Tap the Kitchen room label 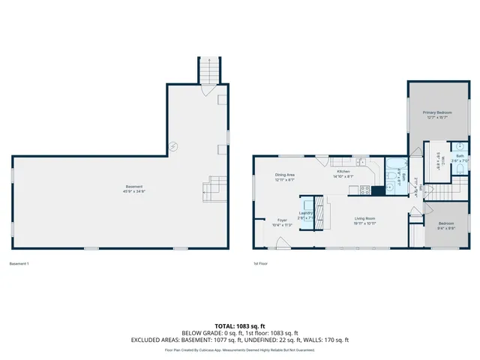tap(343, 172)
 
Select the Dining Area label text tap(284, 174)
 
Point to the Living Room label tap(365, 219)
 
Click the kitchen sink tap(360, 161)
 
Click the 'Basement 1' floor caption tap(18, 263)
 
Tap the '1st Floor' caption tap(260, 263)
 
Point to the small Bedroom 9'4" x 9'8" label tap(445, 225)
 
